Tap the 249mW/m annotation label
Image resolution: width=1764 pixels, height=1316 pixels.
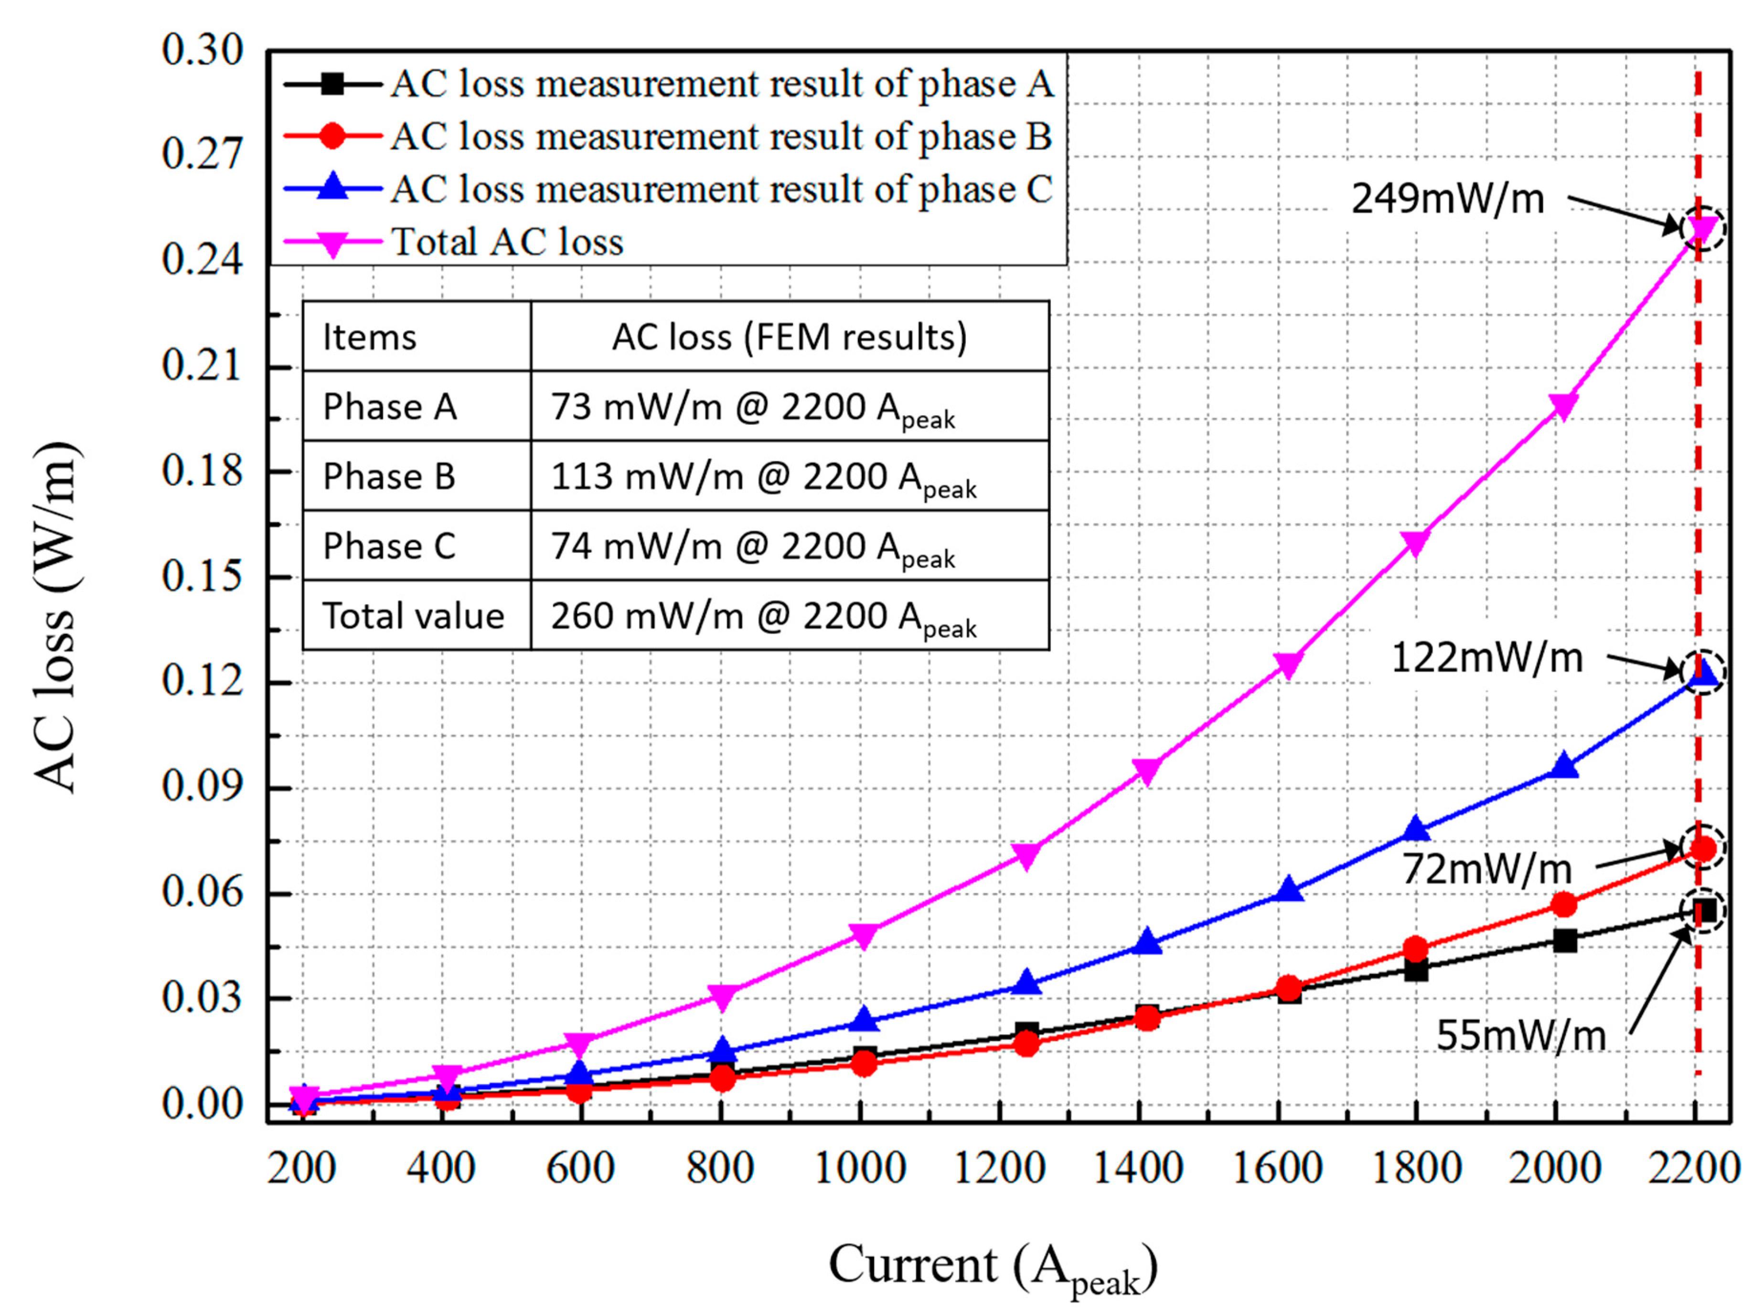pos(1447,198)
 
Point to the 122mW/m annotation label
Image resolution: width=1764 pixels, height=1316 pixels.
pos(1486,658)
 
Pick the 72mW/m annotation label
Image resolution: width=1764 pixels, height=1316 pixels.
pos(1486,869)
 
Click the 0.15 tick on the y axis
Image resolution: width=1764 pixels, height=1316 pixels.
pos(201,576)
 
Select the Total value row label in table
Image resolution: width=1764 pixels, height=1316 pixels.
pos(413,616)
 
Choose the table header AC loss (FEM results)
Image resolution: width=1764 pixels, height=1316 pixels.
pos(789,337)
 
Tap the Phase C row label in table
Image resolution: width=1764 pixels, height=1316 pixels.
pos(389,546)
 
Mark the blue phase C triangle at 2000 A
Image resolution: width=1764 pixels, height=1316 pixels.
pos(1563,766)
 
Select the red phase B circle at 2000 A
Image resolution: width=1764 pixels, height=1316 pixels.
pos(1563,905)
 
